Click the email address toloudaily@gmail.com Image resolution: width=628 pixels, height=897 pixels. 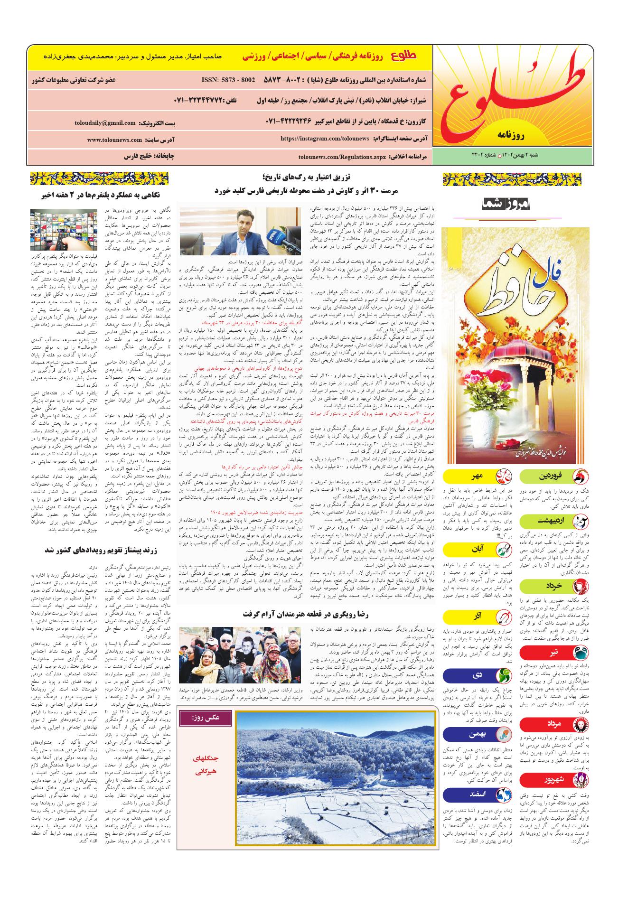(104, 123)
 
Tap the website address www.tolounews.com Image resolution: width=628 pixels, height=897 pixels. (114, 140)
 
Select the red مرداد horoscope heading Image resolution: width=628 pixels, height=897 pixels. (554, 724)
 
